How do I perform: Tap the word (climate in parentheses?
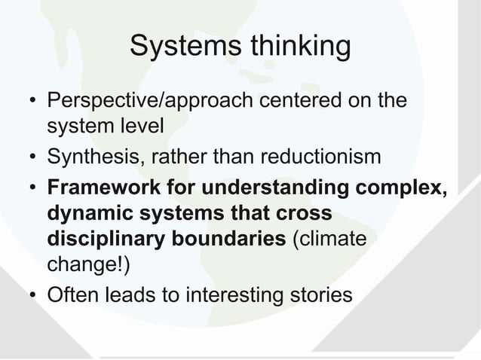[329, 241]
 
